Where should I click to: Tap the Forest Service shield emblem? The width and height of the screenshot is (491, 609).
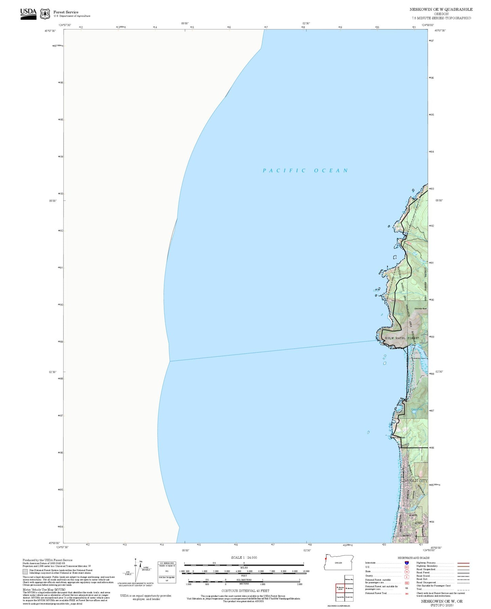click(45, 14)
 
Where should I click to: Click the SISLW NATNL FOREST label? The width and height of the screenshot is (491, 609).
click(402, 338)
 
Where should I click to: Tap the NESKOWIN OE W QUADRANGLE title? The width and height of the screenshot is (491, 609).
click(441, 10)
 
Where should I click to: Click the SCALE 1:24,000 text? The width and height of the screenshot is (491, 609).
click(244, 557)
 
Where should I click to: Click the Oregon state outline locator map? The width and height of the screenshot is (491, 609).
click(338, 563)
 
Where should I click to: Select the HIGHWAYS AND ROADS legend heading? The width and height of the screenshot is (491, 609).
click(414, 558)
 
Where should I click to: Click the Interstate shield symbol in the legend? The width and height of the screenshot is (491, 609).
click(407, 563)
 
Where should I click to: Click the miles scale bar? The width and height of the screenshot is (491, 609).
click(244, 564)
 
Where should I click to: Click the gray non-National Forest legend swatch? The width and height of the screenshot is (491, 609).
click(25, 571)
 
